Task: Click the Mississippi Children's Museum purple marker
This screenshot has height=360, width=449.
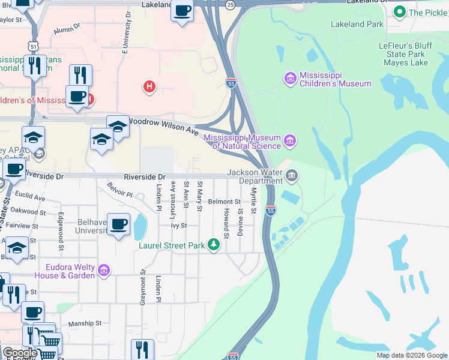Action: coord(291,78)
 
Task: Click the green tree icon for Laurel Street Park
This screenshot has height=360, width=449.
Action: coord(213,244)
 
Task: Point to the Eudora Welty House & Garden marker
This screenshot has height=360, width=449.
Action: coord(104,271)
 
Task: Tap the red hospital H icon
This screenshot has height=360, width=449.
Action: coord(149,88)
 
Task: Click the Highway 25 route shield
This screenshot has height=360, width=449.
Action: coord(231,5)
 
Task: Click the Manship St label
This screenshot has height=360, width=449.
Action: coord(83,323)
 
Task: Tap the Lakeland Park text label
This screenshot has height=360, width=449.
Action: coord(357,25)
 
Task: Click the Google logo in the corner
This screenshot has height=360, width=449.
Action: coord(19,352)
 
